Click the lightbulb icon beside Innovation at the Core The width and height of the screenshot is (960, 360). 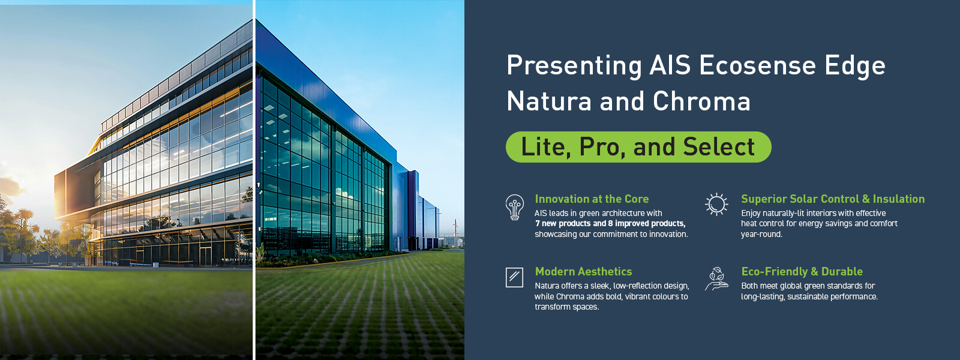tap(514, 208)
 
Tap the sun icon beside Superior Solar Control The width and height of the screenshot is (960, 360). tap(716, 204)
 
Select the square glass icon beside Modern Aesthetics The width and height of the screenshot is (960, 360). tap(514, 277)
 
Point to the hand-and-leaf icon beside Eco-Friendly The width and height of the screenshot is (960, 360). tap(716, 279)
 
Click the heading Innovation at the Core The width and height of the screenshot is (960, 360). tap(592, 199)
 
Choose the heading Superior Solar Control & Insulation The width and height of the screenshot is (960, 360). tap(833, 199)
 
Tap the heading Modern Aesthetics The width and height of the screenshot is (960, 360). tap(583, 271)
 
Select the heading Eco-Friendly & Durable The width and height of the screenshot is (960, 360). tap(802, 271)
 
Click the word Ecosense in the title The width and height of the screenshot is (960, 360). tap(757, 65)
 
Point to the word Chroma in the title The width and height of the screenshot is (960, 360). tap(701, 101)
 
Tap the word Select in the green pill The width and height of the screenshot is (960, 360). tap(719, 147)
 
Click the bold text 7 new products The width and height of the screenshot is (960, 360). tap(563, 223)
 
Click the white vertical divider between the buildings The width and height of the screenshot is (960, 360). tap(254, 180)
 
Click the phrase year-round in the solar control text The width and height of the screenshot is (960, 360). tap(761, 235)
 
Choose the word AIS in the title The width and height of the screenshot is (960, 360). tap(670, 65)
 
